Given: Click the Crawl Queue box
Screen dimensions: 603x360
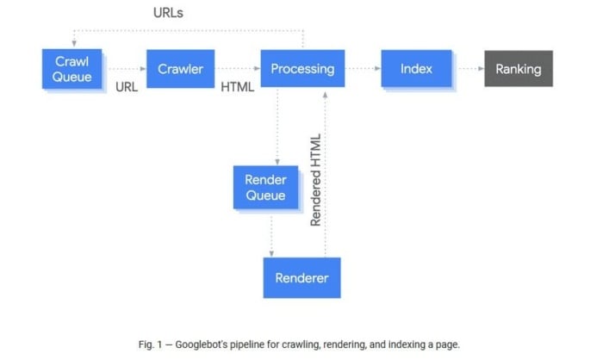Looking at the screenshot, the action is tap(71, 69).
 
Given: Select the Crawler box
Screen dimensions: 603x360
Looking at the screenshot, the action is tap(180, 69).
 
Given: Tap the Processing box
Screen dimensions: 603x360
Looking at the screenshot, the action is tap(302, 68).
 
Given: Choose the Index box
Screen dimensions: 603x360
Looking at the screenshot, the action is tap(416, 68).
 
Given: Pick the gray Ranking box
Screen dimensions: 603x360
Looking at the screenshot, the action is tap(519, 68).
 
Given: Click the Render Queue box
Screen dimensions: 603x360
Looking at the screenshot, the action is tap(265, 187).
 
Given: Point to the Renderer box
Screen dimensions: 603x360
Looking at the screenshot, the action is tap(301, 277).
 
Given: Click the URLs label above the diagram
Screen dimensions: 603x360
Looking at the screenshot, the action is tap(168, 13).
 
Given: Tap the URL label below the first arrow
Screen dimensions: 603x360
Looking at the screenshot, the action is tap(127, 87).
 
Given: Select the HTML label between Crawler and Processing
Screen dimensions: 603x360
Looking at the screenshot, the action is tap(237, 87).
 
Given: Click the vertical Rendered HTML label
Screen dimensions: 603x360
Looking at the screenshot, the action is tap(315, 180).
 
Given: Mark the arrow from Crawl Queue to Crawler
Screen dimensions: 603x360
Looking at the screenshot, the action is tap(127, 69).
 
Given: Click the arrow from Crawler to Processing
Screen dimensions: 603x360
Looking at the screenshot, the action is tap(239, 68).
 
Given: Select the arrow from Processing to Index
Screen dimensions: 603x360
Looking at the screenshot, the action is tap(364, 68).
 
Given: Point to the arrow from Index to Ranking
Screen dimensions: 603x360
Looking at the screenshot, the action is tap(471, 68).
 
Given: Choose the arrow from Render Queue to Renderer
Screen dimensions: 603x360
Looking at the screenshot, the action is tap(271, 236).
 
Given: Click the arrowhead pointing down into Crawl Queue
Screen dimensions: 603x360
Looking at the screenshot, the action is tap(74, 44).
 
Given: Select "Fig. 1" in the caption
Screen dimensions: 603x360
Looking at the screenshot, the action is tap(151, 344).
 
